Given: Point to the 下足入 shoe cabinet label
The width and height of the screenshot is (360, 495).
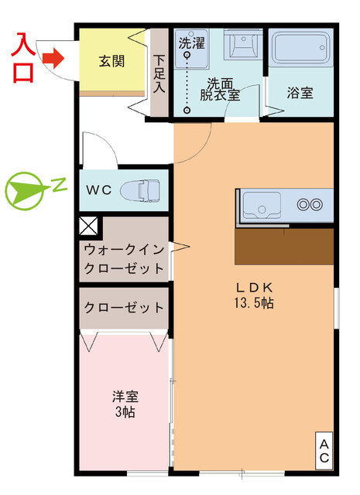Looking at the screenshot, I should [159, 72].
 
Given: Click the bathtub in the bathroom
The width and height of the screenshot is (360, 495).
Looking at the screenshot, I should [300, 51].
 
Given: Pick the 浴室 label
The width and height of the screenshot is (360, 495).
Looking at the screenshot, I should [300, 93].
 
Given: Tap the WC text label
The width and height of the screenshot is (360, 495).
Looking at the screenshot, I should [98, 189].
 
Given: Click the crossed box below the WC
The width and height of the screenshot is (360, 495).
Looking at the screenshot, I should [88, 227].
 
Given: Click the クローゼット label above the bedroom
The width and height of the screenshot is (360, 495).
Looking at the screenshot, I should [124, 307].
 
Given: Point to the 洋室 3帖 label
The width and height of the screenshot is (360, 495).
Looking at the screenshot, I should [124, 404].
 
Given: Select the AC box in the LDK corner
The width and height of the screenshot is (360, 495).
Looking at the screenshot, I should [324, 451].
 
